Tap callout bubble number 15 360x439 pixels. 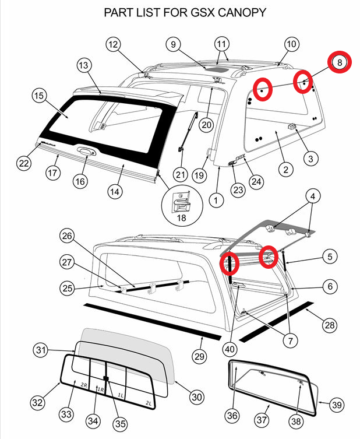(39, 95)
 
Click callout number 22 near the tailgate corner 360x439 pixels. (23, 164)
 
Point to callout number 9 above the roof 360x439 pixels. (173, 44)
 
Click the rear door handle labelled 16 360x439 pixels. (85, 153)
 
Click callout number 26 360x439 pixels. (68, 236)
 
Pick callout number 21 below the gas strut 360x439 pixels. (180, 174)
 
